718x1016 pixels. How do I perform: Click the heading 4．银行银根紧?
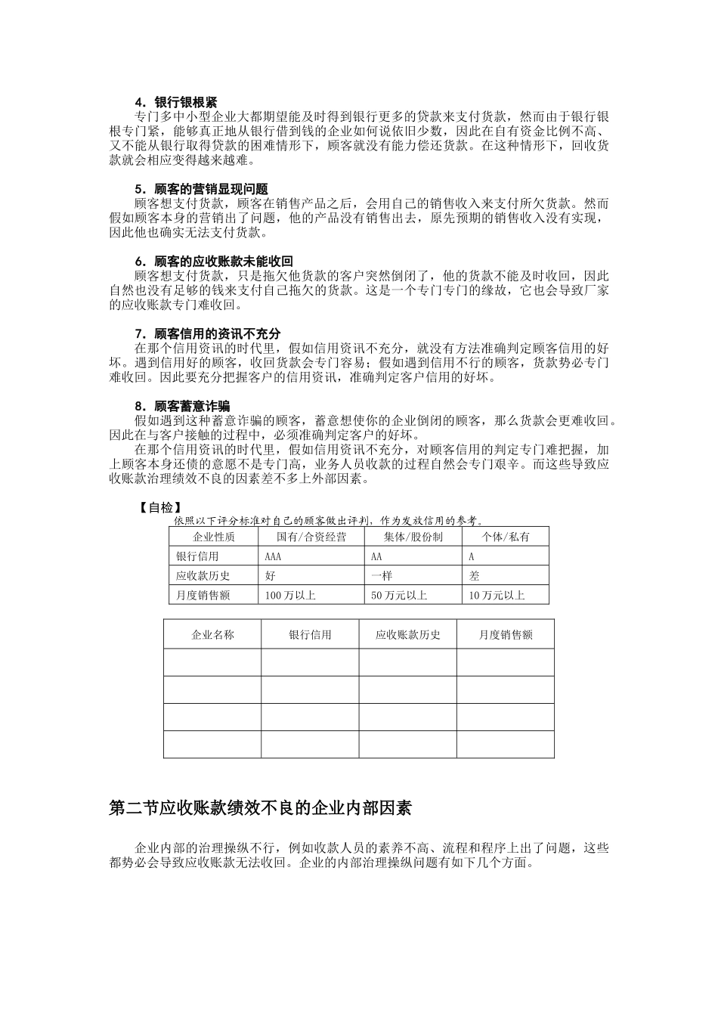pos(175,101)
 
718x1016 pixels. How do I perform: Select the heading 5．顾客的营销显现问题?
pos(200,188)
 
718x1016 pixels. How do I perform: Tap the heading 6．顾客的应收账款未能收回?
pos(213,261)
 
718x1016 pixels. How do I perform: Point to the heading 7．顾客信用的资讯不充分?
pos(207,333)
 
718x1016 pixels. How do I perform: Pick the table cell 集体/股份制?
pos(413,537)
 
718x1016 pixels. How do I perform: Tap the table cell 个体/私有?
pos(506,537)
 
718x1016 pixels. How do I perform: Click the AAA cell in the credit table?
pos(274,556)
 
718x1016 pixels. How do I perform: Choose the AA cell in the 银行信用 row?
pos(376,556)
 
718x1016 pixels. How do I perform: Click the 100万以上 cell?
pos(290,595)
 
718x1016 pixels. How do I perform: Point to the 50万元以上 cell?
pos(398,595)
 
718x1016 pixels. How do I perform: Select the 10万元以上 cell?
pos(497,595)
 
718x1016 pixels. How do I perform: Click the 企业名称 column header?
pos(212,635)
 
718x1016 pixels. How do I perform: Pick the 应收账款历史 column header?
pos(407,635)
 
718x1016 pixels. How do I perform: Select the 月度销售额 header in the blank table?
pos(505,635)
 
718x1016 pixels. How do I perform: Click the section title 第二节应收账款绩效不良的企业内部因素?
pos(260,808)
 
